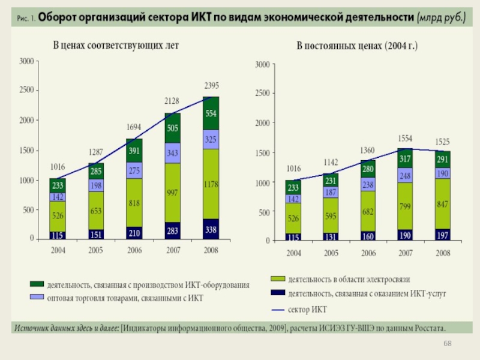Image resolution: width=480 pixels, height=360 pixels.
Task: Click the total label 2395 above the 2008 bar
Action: pos(211,86)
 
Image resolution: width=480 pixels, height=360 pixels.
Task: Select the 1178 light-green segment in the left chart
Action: pos(211,184)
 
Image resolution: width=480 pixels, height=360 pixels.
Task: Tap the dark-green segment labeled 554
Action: pos(211,113)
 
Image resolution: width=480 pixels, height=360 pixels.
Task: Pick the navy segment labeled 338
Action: pos(211,229)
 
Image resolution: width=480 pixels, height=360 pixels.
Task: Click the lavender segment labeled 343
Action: pos(173,154)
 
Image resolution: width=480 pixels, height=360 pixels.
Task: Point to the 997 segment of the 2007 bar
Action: pos(173,192)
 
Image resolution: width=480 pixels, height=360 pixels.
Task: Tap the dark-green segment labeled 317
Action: pos(406,159)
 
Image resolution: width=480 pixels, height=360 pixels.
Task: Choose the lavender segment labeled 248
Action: pos(406,175)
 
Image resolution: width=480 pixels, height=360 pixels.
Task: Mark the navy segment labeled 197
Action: pos(443,235)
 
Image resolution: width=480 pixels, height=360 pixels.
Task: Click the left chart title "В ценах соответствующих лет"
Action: pos(116,46)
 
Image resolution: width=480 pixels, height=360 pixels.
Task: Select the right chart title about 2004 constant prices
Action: pos(358,46)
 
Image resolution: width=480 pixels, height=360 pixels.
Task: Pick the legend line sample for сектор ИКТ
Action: pos(277,310)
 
